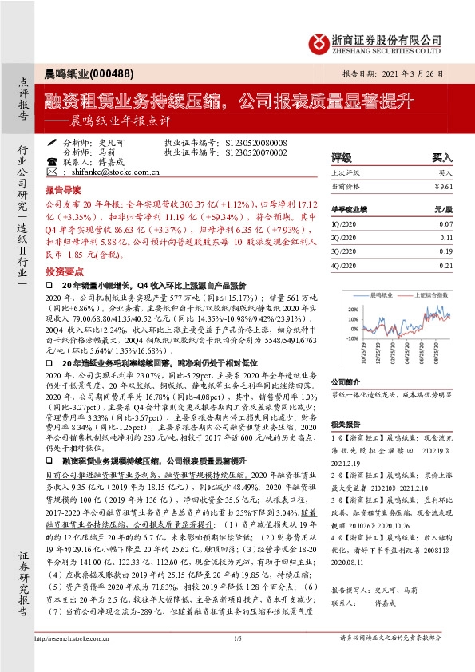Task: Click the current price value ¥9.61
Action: (443, 184)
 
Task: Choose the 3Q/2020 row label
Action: (343, 252)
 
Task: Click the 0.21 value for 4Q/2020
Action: (445, 265)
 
